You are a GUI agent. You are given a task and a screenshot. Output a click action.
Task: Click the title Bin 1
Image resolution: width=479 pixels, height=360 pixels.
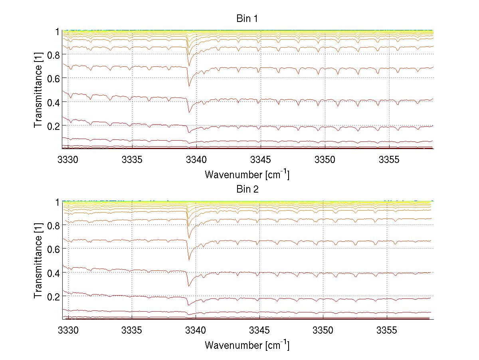tap(247, 18)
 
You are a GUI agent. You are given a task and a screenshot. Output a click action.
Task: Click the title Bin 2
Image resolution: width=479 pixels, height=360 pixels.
tap(247, 189)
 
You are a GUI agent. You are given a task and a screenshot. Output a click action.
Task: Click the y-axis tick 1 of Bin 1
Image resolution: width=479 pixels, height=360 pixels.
tap(57, 31)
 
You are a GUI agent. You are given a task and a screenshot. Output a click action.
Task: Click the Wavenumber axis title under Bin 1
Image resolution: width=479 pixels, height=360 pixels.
tap(247, 174)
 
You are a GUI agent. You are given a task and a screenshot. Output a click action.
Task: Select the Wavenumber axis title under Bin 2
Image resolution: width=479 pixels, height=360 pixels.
tap(247, 345)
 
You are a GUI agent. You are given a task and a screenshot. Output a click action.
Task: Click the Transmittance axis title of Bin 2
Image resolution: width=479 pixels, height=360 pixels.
tap(38, 261)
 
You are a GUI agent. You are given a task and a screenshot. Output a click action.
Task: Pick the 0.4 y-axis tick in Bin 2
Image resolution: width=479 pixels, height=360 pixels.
tap(53, 273)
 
